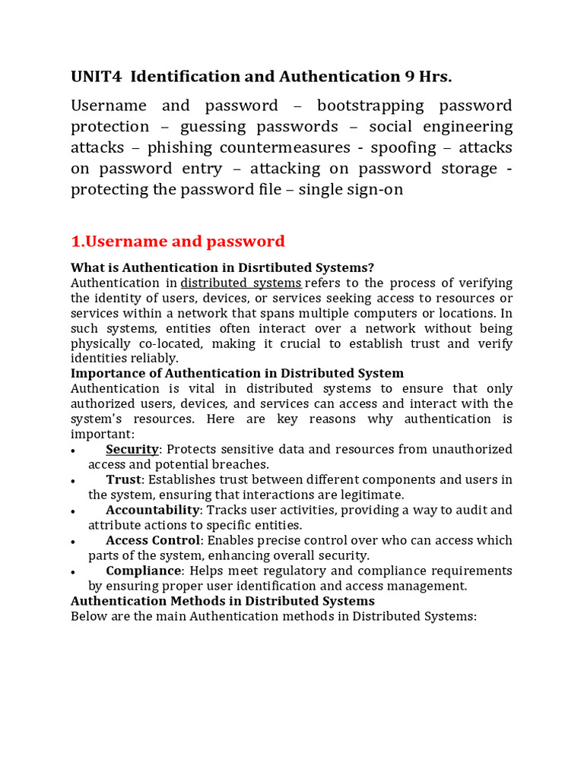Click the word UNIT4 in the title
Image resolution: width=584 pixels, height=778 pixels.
(x=95, y=76)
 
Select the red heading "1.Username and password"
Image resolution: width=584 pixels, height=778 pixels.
(x=178, y=242)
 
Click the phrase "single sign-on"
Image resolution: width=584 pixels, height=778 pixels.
(x=351, y=190)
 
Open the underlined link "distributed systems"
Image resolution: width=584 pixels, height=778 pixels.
(x=241, y=283)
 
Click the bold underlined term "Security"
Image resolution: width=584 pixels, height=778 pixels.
(x=132, y=449)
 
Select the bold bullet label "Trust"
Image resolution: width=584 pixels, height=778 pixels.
(x=123, y=479)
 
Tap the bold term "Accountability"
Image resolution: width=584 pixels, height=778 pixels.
(x=153, y=510)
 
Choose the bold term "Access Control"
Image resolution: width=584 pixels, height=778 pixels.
(x=153, y=540)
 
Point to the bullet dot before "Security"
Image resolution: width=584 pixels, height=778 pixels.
(x=72, y=451)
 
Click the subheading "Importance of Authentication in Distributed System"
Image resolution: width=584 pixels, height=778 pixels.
(x=237, y=373)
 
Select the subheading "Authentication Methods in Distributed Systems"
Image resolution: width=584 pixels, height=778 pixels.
(x=223, y=601)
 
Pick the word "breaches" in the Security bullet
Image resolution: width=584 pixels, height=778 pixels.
(x=242, y=464)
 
